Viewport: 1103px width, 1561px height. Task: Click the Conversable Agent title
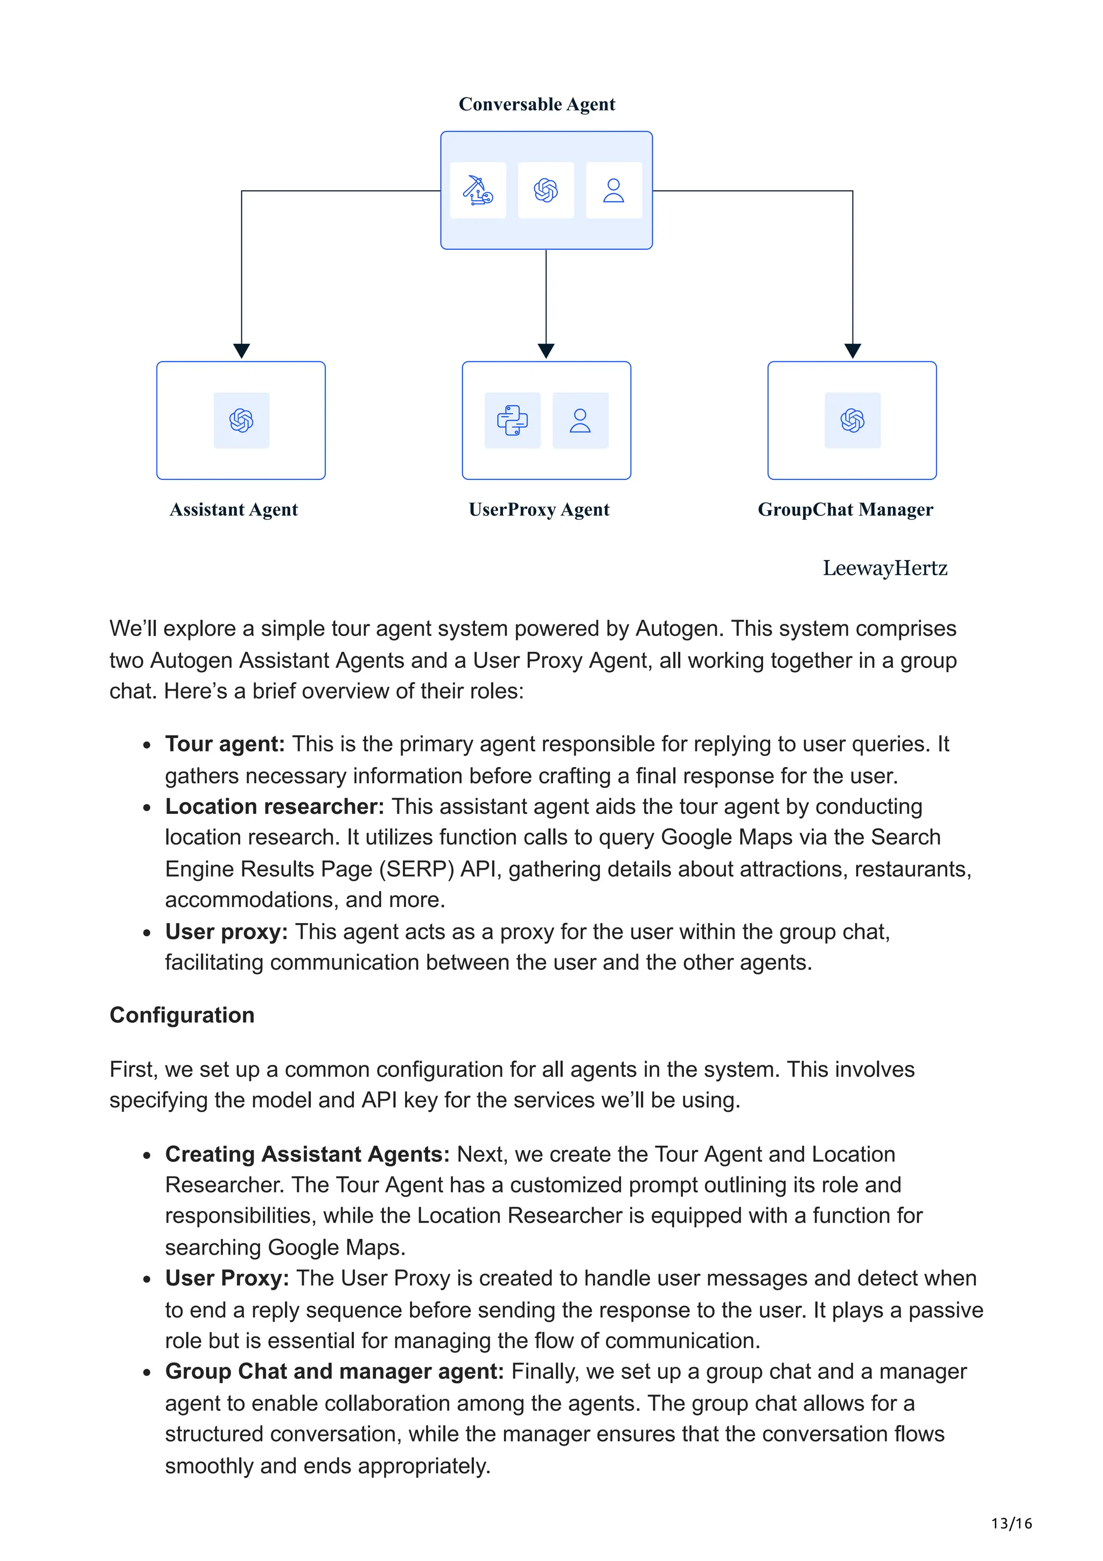(536, 104)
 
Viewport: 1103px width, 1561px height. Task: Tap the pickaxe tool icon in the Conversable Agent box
(478, 190)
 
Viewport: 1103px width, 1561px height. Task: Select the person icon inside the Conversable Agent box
(613, 190)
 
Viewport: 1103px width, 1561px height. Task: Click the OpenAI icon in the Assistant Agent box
(241, 420)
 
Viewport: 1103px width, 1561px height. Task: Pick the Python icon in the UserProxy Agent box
(512, 420)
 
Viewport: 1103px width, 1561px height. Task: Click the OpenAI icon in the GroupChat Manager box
(852, 420)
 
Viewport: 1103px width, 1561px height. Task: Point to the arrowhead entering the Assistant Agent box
(241, 350)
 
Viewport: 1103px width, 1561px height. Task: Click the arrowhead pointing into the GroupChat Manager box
(852, 350)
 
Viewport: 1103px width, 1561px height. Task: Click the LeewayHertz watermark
(884, 568)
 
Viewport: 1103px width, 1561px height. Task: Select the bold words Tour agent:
(224, 744)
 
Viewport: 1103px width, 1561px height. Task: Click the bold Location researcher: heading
(275, 806)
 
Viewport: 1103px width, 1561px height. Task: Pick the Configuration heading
(182, 1015)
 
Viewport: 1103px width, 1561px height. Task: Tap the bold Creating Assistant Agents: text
(307, 1154)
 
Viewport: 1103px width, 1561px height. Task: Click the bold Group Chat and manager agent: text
(334, 1371)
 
